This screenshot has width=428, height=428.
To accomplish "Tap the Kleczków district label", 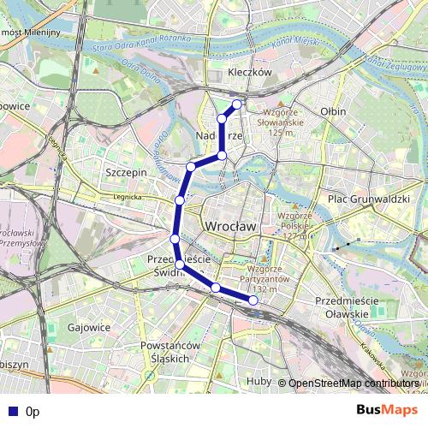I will coord(250,74).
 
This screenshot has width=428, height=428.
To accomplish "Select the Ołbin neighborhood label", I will coord(332,111).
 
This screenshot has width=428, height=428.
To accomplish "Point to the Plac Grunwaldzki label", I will coord(369,199).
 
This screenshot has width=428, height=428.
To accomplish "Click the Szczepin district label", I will coord(126,172).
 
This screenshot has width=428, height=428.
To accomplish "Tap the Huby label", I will coord(259,382).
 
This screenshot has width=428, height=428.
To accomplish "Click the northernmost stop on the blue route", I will coord(237,104).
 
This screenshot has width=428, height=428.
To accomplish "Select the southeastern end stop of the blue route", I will coord(253,300).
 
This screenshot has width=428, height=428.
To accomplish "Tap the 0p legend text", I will coord(33,412).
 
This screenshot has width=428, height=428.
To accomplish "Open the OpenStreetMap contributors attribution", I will coord(354,383).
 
